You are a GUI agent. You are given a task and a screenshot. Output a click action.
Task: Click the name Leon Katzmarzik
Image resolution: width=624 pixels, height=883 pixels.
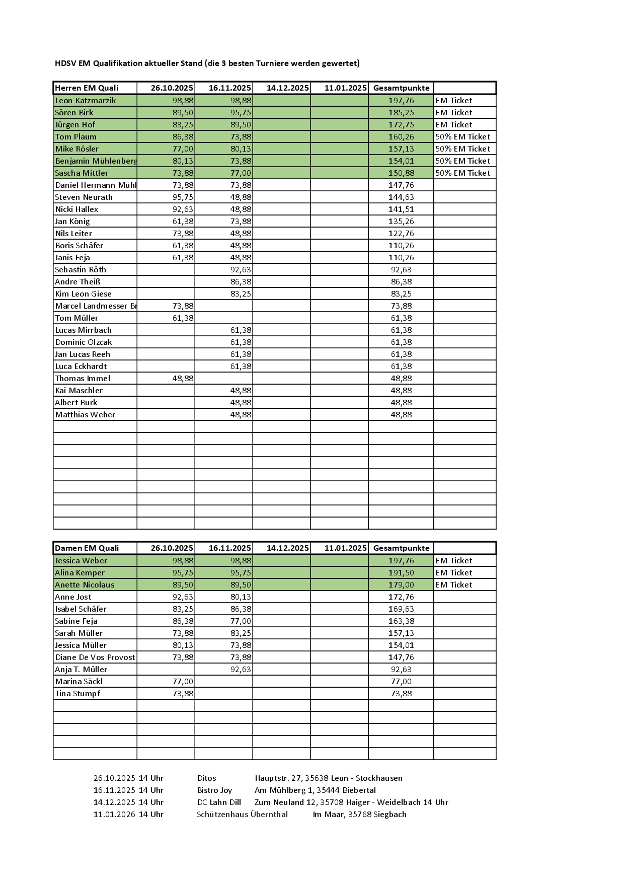[x=85, y=101]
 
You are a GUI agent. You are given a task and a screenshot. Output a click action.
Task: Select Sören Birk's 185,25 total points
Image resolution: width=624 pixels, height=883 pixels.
[x=401, y=113]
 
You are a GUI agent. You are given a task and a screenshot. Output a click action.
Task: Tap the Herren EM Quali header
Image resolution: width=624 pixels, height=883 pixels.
[x=87, y=88]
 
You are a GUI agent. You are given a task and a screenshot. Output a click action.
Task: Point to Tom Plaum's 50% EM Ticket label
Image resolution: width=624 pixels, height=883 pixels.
[x=462, y=137]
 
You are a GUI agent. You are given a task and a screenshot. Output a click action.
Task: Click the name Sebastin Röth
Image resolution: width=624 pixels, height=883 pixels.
[x=81, y=270]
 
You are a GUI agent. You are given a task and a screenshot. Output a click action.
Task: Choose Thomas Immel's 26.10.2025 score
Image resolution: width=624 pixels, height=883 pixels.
[x=183, y=379]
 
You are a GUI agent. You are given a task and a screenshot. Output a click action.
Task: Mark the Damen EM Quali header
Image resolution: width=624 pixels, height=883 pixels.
[x=87, y=548]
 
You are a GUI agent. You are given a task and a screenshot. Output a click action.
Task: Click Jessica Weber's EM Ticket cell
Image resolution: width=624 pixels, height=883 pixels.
[x=454, y=561]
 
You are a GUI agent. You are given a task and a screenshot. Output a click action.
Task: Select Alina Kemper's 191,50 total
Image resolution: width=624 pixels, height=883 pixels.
[x=401, y=573]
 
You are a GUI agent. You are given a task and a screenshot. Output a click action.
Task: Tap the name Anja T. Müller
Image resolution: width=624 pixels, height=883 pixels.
[x=81, y=670]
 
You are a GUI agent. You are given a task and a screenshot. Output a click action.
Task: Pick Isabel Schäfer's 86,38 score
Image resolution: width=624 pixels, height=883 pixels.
[x=241, y=609]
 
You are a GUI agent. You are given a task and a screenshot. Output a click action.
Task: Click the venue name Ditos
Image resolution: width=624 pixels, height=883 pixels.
[x=206, y=778]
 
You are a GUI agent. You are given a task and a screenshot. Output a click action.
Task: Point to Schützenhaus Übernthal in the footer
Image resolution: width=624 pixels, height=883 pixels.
[x=242, y=815]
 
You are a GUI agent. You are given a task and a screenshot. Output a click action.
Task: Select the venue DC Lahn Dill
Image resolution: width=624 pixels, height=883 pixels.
[x=219, y=802]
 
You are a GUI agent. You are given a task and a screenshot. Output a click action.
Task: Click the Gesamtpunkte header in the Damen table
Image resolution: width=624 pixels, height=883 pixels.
[x=401, y=548]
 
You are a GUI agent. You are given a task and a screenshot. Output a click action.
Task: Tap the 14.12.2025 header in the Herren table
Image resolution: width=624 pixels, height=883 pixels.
[x=287, y=88]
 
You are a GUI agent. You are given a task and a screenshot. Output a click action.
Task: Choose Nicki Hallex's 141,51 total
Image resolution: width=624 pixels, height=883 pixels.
[x=401, y=209]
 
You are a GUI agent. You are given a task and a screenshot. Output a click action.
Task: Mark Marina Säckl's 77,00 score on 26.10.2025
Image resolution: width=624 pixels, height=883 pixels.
[x=183, y=682]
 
